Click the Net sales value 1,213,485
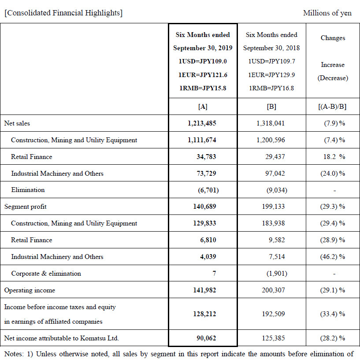pyautogui.click(x=202, y=123)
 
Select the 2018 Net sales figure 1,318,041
pyautogui.click(x=271, y=123)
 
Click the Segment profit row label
pyautogui.click(x=25, y=207)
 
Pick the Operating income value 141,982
pyautogui.click(x=202, y=290)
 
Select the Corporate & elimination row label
pyautogui.click(x=46, y=273)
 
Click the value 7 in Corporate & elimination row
pyautogui.click(x=214, y=273)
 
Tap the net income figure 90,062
pyautogui.click(x=205, y=338)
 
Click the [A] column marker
pyautogui.click(x=203, y=107)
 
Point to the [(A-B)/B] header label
pyautogui.click(x=333, y=107)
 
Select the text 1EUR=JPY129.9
pyautogui.click(x=271, y=75)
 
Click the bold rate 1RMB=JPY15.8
pyautogui.click(x=203, y=88)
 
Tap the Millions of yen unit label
pyautogui.click(x=327, y=13)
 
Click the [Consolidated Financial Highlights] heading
pyautogui.click(x=63, y=13)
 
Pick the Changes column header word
pyautogui.click(x=333, y=38)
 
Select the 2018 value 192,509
pyautogui.click(x=271, y=314)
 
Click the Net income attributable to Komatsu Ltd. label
pyautogui.click(x=62, y=338)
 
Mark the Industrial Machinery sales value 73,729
pyautogui.click(x=205, y=174)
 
